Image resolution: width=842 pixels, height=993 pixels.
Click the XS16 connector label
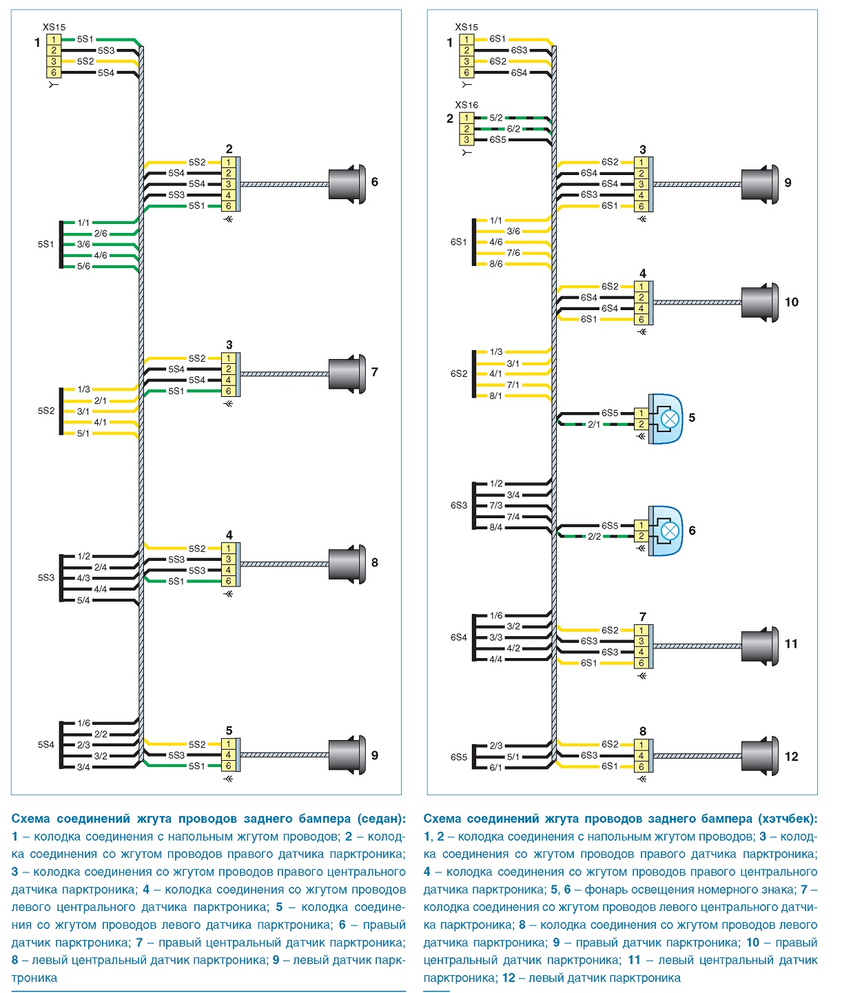[x=466, y=105]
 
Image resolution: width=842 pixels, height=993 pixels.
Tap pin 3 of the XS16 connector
[x=466, y=140]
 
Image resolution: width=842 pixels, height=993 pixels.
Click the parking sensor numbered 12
[x=760, y=756]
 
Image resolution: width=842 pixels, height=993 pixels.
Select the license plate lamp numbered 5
[x=665, y=418]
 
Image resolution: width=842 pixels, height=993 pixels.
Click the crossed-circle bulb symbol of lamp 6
[x=670, y=531]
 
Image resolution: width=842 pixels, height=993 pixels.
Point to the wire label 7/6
[x=513, y=253]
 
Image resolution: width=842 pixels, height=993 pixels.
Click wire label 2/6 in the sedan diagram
[x=101, y=234]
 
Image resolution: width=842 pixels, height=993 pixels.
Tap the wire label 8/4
[x=495, y=527]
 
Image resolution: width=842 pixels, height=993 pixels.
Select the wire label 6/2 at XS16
[x=513, y=129]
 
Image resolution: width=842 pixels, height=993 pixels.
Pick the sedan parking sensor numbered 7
[x=347, y=373]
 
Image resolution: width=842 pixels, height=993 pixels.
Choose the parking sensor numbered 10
[x=760, y=303]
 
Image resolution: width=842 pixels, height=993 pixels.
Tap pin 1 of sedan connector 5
[x=228, y=744]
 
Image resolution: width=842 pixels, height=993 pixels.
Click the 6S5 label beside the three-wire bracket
[x=459, y=757]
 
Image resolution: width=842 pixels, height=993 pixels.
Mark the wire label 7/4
[x=513, y=516]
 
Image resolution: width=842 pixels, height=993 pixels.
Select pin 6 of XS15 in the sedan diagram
[x=53, y=72]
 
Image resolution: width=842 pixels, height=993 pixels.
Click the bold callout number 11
[x=790, y=643]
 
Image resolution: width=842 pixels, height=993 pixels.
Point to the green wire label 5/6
[x=83, y=266]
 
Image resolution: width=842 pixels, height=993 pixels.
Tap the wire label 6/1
[x=495, y=767]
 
